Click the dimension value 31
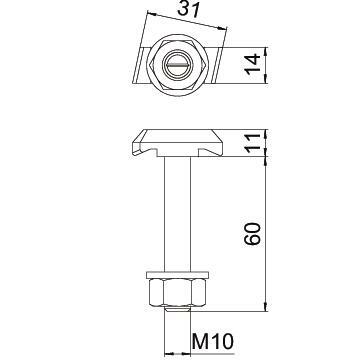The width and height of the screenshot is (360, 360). [188, 9]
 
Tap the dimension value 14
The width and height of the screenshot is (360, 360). [253, 64]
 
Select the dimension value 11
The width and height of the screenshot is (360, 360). [253, 143]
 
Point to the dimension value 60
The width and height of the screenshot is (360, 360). [253, 234]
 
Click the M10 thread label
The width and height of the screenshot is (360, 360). [213, 341]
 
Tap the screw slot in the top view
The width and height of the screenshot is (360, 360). [177, 65]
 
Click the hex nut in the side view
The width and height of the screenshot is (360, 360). [177, 293]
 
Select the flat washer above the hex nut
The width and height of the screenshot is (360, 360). [177, 275]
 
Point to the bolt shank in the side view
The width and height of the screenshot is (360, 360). [177, 214]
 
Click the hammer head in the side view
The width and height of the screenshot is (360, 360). [177, 143]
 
